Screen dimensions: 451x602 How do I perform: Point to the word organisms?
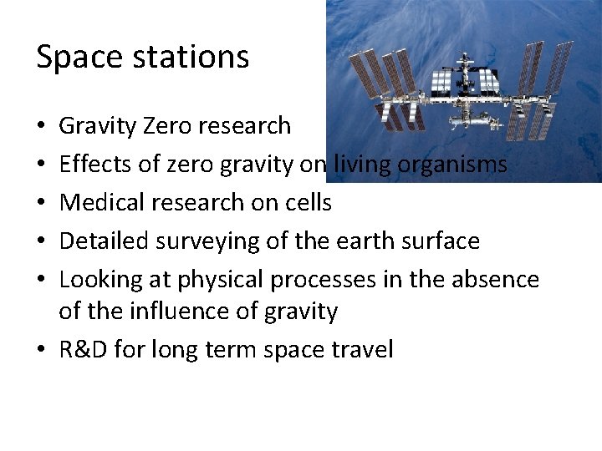click(x=452, y=165)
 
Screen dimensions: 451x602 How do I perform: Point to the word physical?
click(x=228, y=280)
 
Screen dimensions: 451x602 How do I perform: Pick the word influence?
click(x=166, y=312)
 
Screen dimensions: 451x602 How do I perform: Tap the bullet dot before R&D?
click(x=42, y=349)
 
